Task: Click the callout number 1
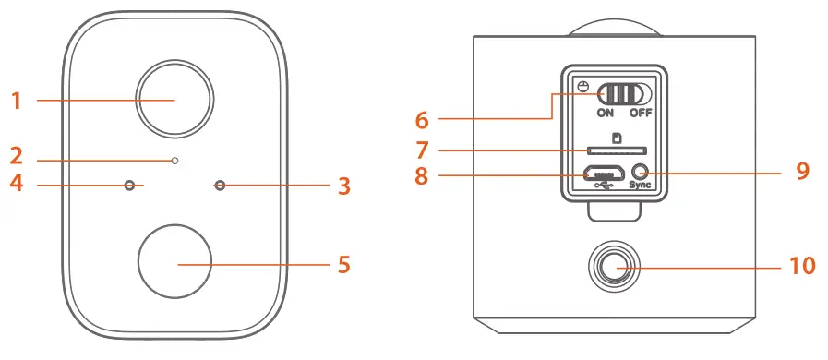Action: click(17, 100)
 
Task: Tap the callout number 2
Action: click(17, 155)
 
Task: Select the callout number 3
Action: click(343, 186)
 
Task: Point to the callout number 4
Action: click(17, 186)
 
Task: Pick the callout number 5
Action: click(343, 265)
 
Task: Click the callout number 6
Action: click(422, 119)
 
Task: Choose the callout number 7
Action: click(422, 149)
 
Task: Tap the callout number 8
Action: click(422, 174)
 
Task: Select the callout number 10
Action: click(802, 267)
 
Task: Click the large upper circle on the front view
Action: click(174, 99)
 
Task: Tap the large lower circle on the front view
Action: click(174, 259)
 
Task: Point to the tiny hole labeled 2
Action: click(174, 161)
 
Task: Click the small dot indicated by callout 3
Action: click(220, 186)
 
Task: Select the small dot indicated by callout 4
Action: click(130, 186)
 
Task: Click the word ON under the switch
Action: click(606, 114)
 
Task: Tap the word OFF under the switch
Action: click(641, 114)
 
